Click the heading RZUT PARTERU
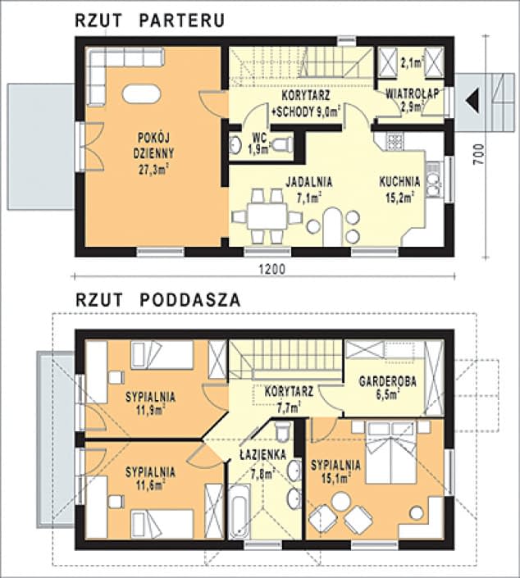(150, 20)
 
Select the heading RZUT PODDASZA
(157, 300)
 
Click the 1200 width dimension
(271, 269)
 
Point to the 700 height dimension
(478, 154)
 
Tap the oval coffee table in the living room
(141, 93)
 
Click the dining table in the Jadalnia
(267, 216)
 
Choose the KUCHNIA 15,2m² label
(399, 189)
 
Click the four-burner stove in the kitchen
(395, 141)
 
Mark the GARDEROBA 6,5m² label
(388, 388)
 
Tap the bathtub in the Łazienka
(239, 512)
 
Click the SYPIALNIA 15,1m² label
(335, 471)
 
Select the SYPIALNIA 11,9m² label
(150, 403)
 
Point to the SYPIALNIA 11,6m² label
(150, 479)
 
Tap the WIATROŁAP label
(413, 93)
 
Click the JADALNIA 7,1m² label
(309, 189)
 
